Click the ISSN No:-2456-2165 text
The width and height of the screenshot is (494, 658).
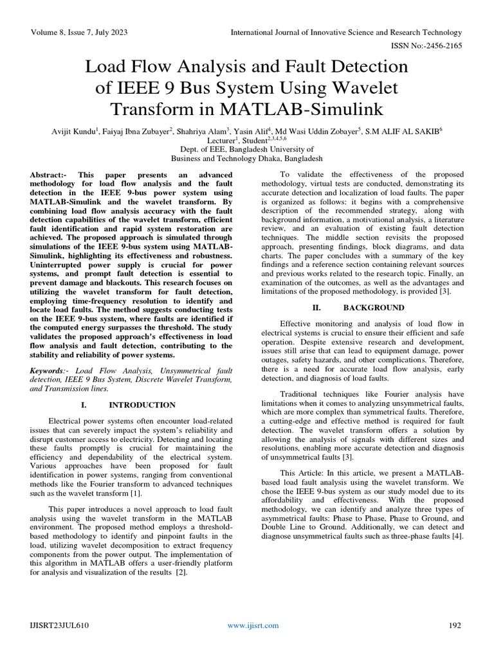tap(427, 46)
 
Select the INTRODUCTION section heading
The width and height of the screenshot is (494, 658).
tap(142, 405)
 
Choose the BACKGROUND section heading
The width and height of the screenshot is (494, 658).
tap(374, 308)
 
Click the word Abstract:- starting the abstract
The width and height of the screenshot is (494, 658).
tap(53, 175)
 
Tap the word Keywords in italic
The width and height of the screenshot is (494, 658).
tap(49, 371)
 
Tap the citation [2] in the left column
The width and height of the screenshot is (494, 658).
tap(181, 573)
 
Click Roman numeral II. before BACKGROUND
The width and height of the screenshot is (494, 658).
tap(316, 308)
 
